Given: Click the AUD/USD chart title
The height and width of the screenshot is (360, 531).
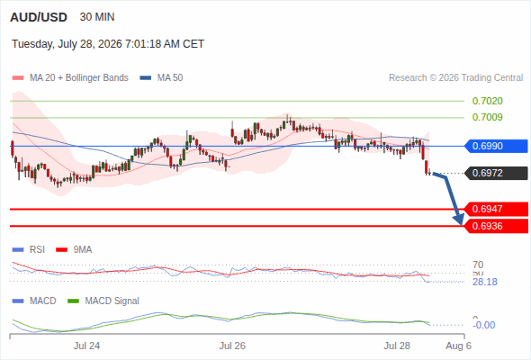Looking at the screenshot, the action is [39, 17].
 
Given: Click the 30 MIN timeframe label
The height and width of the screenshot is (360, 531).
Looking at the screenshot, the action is [97, 17].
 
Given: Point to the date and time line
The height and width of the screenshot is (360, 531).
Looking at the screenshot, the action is [108, 44].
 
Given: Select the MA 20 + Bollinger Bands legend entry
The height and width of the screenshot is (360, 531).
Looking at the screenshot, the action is [70, 78].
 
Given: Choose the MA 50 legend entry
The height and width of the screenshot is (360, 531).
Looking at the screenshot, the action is [161, 78].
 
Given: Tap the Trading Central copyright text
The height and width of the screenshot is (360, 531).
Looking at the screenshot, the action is [455, 78].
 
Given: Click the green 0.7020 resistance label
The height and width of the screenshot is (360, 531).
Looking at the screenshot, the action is [487, 101].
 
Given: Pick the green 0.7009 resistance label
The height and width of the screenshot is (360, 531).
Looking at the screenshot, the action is [487, 117].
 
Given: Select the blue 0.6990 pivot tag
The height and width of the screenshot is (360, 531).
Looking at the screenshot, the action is [496, 146].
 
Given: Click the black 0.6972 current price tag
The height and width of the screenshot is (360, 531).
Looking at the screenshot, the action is [496, 173].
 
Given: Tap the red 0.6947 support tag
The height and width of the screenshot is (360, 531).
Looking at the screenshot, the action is [496, 209].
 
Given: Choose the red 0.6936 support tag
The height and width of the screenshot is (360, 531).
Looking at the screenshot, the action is [496, 226].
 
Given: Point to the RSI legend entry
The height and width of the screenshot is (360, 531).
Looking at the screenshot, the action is [29, 249].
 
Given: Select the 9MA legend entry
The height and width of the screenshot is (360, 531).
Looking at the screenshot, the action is [74, 249].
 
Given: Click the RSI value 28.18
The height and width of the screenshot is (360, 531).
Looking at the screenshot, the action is [485, 282].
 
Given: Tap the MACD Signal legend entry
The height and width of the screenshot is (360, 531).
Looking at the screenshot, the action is [103, 301].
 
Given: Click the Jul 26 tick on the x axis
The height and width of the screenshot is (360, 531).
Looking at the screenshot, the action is [232, 346].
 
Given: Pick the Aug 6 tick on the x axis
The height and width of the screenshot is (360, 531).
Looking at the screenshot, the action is [458, 346].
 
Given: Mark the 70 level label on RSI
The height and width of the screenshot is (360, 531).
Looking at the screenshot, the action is [478, 265].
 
